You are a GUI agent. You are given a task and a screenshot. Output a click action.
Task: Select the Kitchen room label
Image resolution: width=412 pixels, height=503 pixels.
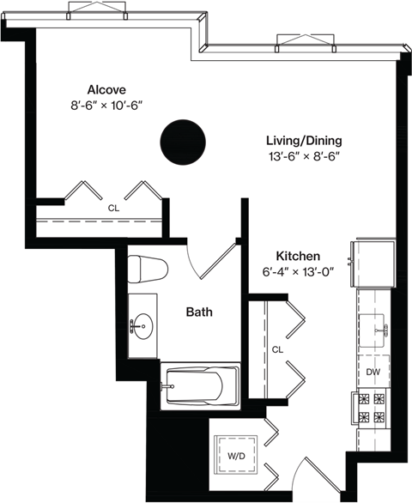[x=298, y=257]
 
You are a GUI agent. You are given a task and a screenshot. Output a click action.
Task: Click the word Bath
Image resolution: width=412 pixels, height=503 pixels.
[x=199, y=312]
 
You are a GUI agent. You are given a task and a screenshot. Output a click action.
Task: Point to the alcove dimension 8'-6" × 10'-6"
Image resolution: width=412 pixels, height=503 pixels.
[x=106, y=106]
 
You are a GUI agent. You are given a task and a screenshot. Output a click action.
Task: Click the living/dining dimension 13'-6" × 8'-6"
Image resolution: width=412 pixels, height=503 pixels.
[x=304, y=157]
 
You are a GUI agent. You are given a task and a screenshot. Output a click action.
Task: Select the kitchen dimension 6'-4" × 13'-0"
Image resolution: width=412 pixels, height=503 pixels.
[x=298, y=273]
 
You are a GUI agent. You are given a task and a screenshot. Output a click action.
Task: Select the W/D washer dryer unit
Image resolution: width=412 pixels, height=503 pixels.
[x=235, y=455]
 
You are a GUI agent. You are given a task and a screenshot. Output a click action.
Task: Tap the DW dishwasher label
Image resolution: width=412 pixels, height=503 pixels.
[x=373, y=372]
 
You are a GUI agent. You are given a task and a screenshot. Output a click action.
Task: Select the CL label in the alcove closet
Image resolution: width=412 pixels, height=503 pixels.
[x=113, y=208]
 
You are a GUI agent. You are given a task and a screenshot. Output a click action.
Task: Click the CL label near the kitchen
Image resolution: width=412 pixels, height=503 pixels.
[x=277, y=349]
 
